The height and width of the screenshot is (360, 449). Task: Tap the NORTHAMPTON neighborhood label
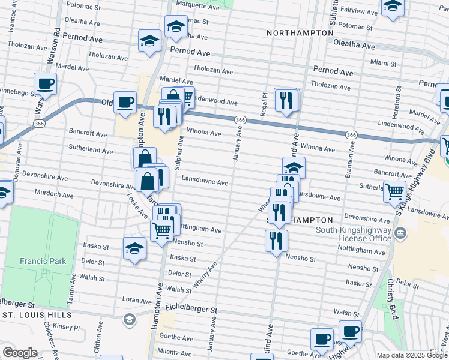(x=300, y=32)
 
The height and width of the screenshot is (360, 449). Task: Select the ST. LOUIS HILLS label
(x=37, y=314)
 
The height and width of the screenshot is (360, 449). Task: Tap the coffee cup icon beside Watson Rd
(x=45, y=85)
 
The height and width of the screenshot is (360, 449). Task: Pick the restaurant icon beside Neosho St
(x=276, y=241)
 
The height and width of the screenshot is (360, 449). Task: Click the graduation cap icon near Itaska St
(x=134, y=249)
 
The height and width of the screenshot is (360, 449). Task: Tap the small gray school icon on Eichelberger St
(x=129, y=319)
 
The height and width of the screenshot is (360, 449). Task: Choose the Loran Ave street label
(x=137, y=300)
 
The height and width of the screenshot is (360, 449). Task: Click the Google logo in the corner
(x=20, y=352)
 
